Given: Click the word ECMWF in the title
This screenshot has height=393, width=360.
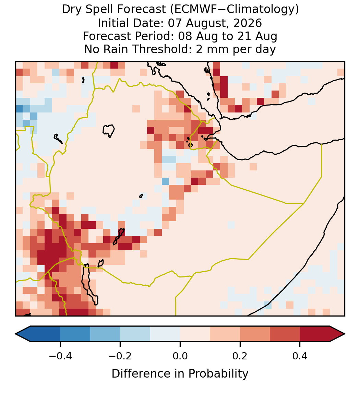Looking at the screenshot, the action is click(190, 10).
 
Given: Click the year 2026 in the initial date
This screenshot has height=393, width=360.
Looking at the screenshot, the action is click(248, 23).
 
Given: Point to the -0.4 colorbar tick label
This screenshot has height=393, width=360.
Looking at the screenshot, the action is click(60, 356).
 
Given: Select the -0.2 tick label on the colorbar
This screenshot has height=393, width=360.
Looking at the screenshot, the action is click(120, 356).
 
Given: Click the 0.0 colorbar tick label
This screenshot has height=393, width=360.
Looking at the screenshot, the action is click(180, 356).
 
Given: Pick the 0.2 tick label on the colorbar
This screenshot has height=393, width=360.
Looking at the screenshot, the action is click(240, 356).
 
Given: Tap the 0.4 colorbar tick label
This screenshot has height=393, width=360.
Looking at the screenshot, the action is click(300, 356).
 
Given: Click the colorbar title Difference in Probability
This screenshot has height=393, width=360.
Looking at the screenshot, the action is click(180, 374).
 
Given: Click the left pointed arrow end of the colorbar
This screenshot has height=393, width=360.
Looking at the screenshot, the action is click(23, 334).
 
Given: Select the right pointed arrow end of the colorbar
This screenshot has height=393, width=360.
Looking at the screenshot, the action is click(337, 334).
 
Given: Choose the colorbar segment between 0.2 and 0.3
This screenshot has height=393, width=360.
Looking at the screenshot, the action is click(255, 334).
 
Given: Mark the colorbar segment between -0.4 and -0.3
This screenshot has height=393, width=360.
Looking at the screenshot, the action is click(75, 334).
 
